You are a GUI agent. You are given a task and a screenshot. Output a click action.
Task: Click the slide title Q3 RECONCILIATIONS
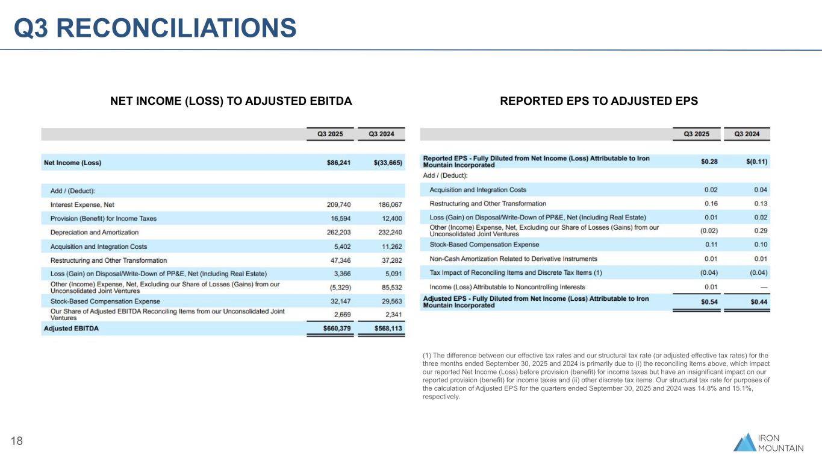(x=155, y=28)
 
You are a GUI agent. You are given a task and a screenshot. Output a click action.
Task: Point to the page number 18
(x=17, y=441)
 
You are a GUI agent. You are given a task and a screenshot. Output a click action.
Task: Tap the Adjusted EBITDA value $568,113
(x=381, y=329)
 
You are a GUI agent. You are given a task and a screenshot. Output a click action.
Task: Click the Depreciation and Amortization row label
(x=95, y=232)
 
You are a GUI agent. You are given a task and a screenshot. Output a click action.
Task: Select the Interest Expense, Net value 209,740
(x=331, y=204)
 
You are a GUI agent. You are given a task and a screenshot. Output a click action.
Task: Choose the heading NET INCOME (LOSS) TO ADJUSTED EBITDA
(x=231, y=101)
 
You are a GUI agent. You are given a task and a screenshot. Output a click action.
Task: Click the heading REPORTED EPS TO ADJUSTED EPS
(x=599, y=101)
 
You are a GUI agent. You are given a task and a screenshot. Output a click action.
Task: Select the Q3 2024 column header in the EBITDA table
(x=381, y=134)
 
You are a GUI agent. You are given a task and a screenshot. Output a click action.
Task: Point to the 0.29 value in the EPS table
(x=761, y=231)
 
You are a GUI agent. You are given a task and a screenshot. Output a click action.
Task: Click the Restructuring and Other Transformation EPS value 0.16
(x=711, y=204)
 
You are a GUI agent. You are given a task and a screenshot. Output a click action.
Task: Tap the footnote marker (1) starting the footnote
(x=428, y=355)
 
